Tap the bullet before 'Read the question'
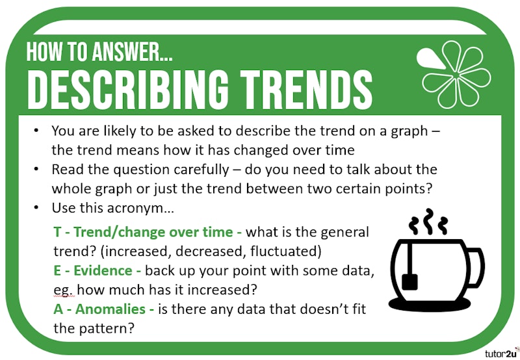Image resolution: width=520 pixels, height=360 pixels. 38,170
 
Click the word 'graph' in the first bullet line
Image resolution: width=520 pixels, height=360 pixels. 400,130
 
